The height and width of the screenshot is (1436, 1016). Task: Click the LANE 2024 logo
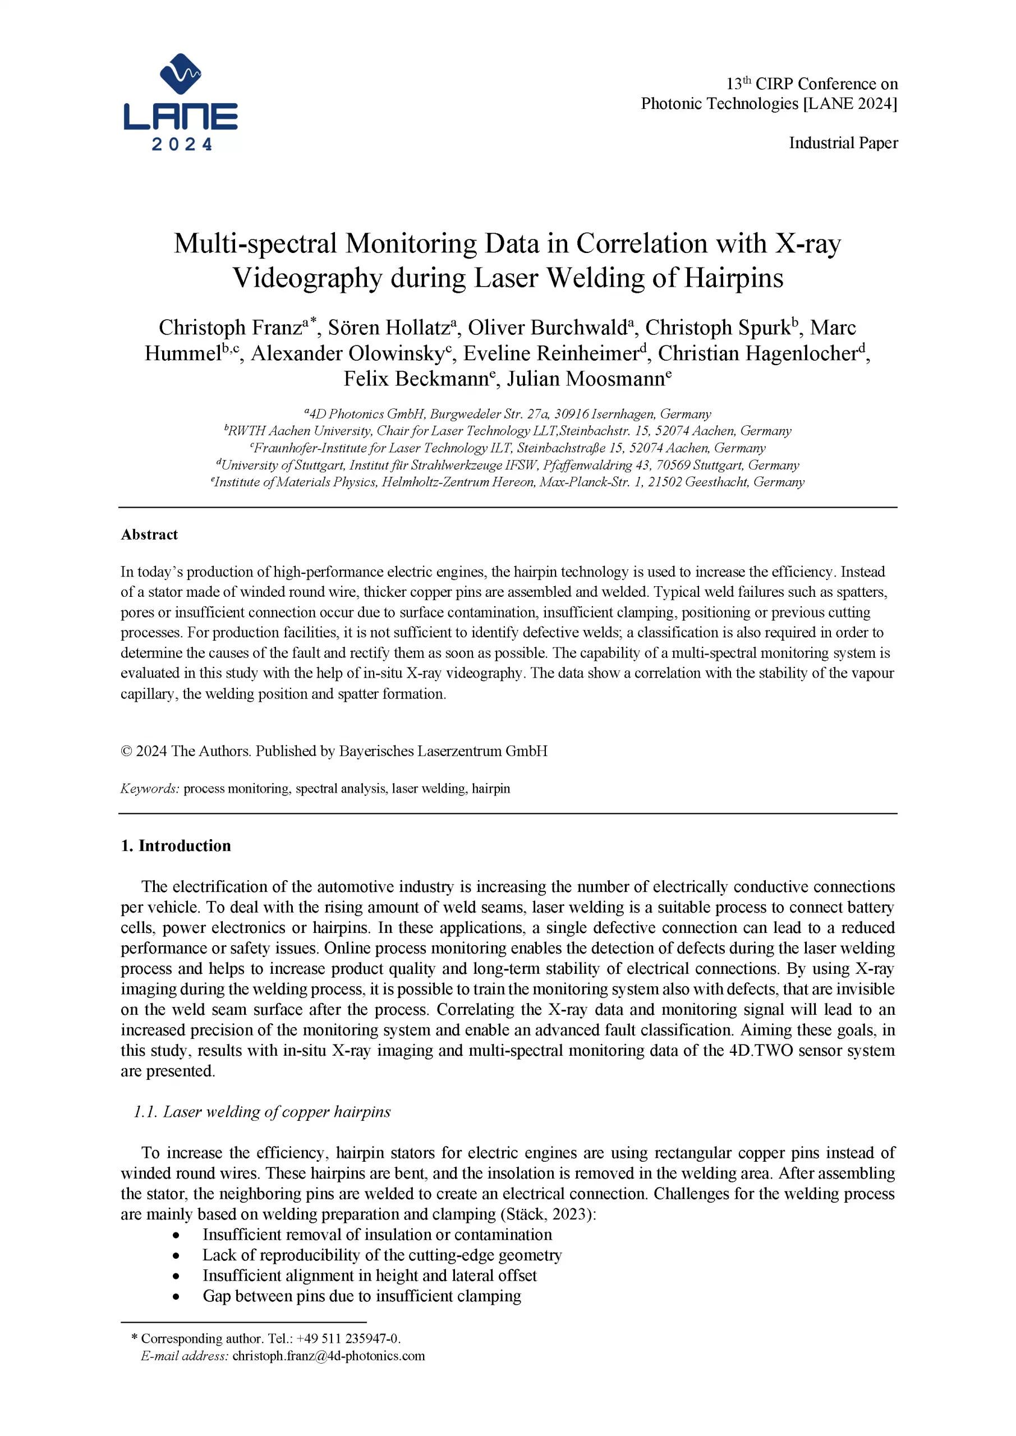point(180,102)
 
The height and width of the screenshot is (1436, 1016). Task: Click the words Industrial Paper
point(843,143)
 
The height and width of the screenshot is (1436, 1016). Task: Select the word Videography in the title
point(306,278)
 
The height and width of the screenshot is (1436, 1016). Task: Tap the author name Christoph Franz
point(230,328)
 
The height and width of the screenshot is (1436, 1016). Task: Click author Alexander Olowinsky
point(347,354)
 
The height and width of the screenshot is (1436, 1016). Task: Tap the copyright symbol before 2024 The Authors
point(126,751)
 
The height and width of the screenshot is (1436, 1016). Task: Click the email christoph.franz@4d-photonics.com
point(328,1356)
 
